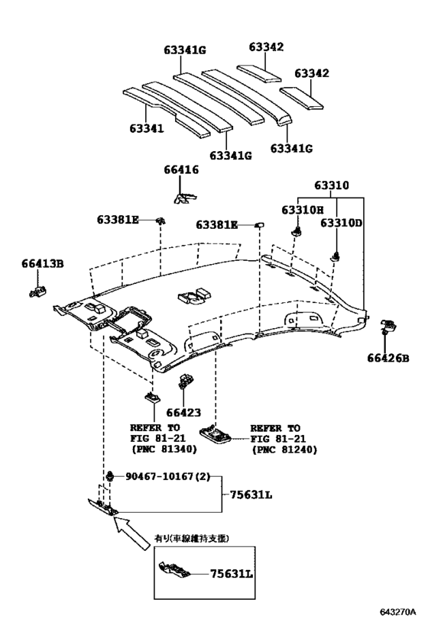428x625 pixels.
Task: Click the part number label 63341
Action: [147, 129]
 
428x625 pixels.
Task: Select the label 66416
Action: [181, 170]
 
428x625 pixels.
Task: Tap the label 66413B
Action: [43, 264]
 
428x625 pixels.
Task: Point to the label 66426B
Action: [388, 359]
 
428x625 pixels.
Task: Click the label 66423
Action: [183, 413]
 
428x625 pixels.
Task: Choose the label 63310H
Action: [303, 210]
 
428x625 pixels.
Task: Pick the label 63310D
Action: [342, 223]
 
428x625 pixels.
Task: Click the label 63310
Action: [332, 185]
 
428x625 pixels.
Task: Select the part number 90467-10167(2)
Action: [167, 476]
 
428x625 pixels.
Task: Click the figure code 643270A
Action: [397, 612]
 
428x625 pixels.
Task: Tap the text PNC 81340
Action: [164, 449]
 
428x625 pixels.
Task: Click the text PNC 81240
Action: [284, 450]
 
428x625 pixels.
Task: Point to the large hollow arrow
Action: [131, 533]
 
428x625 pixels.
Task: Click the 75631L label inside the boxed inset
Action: [232, 574]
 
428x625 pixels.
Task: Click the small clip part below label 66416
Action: [186, 198]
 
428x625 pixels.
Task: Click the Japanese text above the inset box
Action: [192, 539]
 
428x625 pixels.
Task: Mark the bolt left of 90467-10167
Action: [110, 475]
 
